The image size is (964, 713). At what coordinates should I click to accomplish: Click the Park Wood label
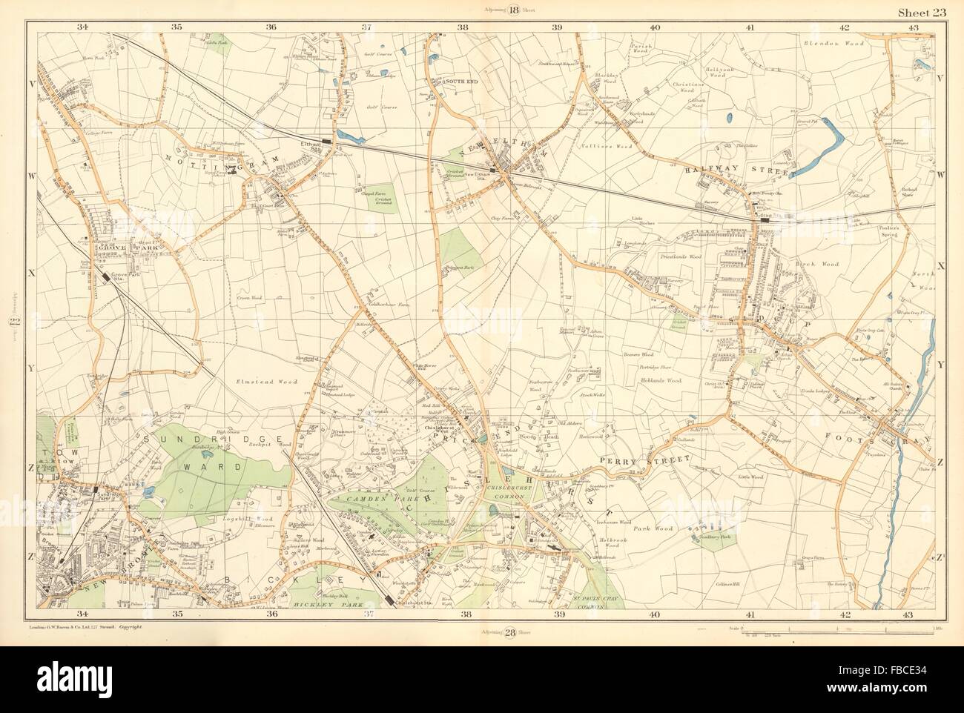653,529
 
